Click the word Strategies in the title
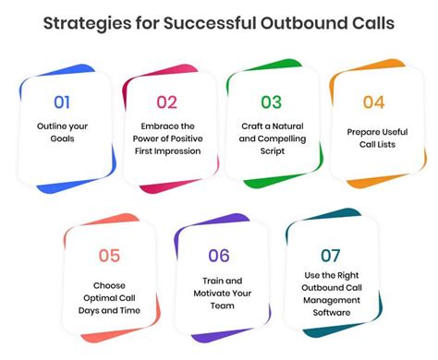point(91,19)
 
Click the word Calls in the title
point(370,19)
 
